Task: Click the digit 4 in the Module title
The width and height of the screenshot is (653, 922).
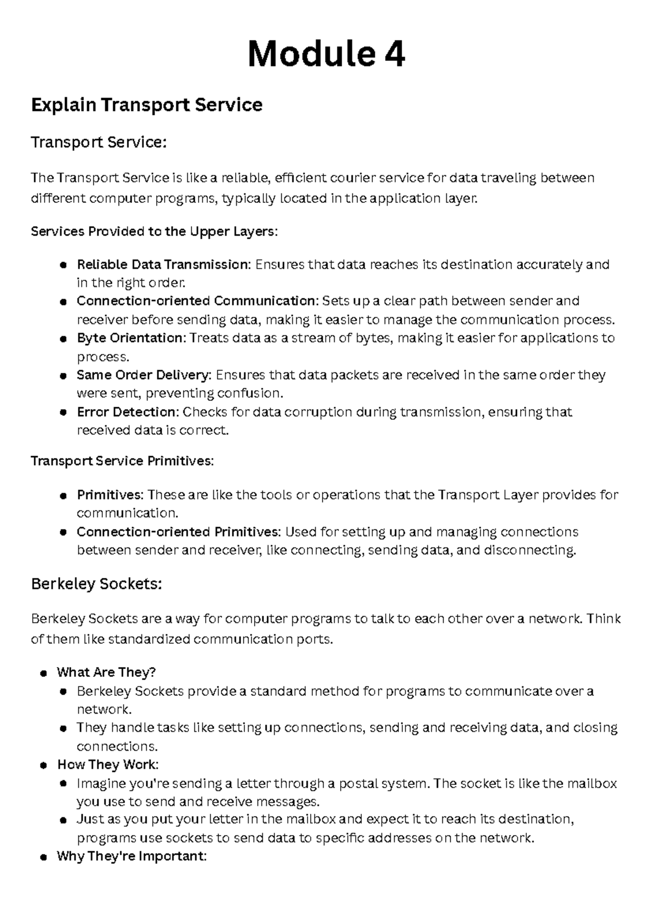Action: point(391,54)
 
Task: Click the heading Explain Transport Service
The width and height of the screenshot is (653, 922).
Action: point(147,104)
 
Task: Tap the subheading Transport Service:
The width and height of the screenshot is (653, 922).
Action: point(98,142)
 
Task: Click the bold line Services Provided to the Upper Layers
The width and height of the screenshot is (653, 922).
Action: point(154,232)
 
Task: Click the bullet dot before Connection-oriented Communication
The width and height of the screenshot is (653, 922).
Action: point(63,302)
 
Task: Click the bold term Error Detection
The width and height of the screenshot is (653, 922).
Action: point(127,412)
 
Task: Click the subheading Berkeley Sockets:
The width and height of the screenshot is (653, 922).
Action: point(97,584)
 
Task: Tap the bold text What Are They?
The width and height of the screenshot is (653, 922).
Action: point(106,672)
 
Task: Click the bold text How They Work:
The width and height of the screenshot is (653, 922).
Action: point(108,765)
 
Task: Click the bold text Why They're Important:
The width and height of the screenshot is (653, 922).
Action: point(132,857)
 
